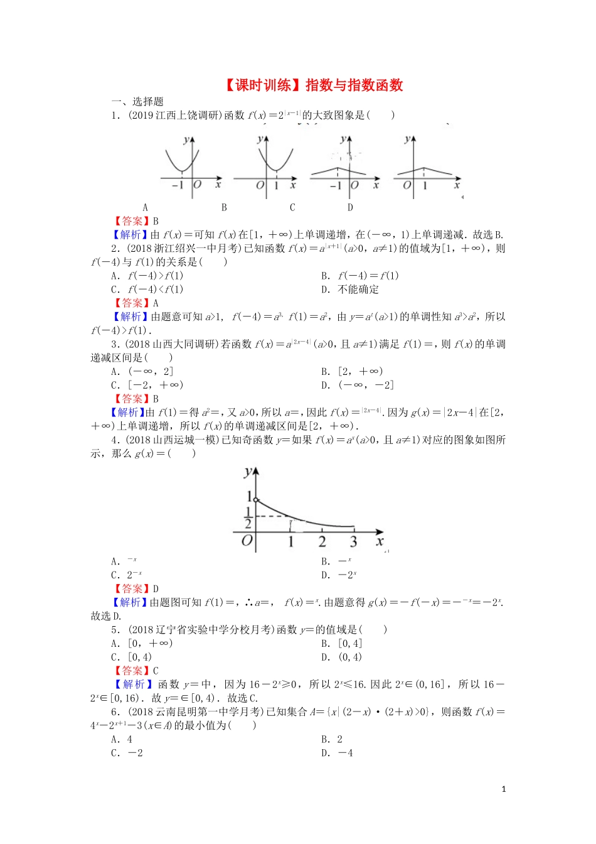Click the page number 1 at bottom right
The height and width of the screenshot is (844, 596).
(504, 789)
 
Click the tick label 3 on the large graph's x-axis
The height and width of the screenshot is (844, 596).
(353, 541)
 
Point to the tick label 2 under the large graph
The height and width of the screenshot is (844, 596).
(322, 541)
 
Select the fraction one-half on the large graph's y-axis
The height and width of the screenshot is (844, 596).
(248, 518)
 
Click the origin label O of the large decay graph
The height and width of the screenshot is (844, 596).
(247, 541)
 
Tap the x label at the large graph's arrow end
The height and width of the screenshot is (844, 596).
(380, 541)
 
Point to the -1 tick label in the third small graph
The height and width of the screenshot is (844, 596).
(336, 185)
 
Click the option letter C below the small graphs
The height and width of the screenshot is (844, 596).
(292, 207)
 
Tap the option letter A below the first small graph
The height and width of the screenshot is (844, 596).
(146, 207)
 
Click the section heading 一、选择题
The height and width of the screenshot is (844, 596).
(137, 101)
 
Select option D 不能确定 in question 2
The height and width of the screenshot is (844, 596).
(350, 289)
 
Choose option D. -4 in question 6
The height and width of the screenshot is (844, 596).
(338, 753)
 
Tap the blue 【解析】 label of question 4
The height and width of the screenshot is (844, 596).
(130, 602)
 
